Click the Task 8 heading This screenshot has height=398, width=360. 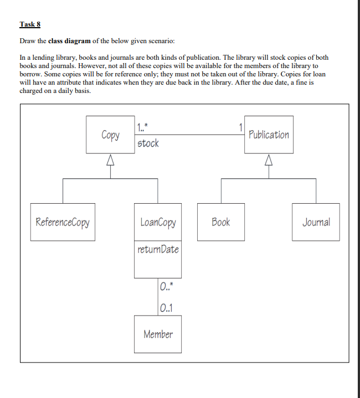pyautogui.click(x=30, y=24)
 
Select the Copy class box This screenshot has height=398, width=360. pyautogui.click(x=110, y=135)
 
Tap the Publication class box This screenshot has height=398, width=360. pyautogui.click(x=269, y=135)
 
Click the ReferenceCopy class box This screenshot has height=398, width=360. pyautogui.click(x=63, y=222)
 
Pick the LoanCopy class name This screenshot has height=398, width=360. pyautogui.click(x=157, y=223)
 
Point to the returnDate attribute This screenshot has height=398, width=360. pyautogui.click(x=158, y=250)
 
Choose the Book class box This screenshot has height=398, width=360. pyautogui.click(x=220, y=222)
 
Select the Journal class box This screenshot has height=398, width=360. pyautogui.click(x=316, y=222)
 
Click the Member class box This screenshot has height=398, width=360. pyautogui.click(x=157, y=334)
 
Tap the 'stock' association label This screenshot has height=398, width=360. pyautogui.click(x=148, y=143)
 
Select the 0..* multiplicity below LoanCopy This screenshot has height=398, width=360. pyautogui.click(x=166, y=287)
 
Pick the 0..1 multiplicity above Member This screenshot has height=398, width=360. pyautogui.click(x=166, y=308)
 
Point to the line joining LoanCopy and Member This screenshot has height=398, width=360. pyautogui.click(x=157, y=297)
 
